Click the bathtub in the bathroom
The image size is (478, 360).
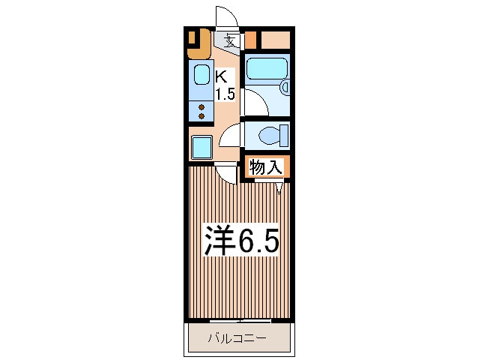267,69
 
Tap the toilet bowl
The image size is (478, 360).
270,135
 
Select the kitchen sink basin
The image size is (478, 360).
202,75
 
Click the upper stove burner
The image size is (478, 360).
202,107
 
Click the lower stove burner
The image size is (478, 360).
202,116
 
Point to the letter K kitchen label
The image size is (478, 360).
221,77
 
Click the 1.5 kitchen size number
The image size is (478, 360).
226,94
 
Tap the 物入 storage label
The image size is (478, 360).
265,167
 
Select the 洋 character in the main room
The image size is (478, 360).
220,241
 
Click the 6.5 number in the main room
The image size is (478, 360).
258,241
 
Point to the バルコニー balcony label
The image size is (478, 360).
238,338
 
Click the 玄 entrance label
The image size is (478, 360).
231,41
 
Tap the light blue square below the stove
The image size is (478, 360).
202,147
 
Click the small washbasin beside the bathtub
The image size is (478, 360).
285,87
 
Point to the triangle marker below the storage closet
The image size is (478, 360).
279,188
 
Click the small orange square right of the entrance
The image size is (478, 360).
250,40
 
